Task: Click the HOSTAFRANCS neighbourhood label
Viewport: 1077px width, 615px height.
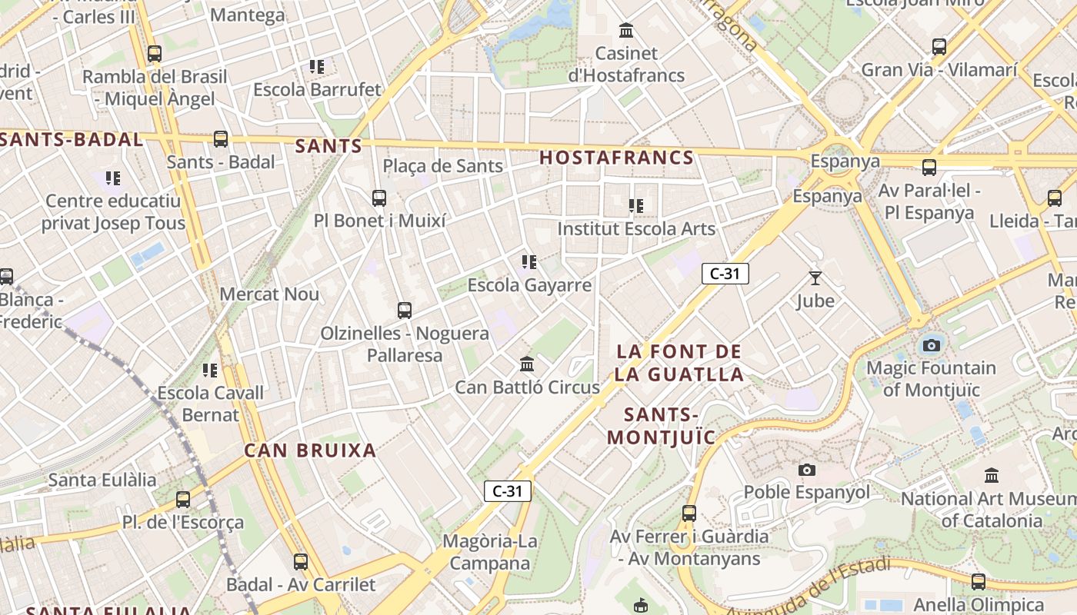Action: (x=616, y=158)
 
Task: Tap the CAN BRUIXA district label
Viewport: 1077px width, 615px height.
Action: (x=310, y=450)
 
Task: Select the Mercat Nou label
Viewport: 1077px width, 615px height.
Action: (x=269, y=294)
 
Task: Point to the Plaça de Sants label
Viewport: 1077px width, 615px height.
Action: (x=442, y=165)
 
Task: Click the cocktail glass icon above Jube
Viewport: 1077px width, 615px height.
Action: (x=815, y=278)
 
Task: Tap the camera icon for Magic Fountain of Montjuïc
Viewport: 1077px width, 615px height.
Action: (x=932, y=345)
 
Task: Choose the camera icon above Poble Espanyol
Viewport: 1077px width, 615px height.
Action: (x=806, y=470)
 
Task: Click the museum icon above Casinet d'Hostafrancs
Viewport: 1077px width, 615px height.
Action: (x=626, y=31)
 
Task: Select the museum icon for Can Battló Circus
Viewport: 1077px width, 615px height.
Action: (x=527, y=364)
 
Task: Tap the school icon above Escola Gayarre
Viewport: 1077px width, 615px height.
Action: (x=528, y=263)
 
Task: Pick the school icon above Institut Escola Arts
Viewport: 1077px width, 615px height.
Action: (x=635, y=206)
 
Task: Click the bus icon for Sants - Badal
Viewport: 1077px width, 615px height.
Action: (x=221, y=139)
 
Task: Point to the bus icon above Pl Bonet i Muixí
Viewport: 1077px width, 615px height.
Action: (x=379, y=198)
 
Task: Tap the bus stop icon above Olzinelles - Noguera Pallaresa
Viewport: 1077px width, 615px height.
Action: (x=405, y=311)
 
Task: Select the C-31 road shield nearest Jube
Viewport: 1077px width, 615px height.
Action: (x=725, y=273)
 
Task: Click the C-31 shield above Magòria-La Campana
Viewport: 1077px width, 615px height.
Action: (x=508, y=490)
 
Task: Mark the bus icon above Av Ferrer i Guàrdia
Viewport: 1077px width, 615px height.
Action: (x=689, y=514)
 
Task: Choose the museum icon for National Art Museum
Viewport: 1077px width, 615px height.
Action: (x=992, y=476)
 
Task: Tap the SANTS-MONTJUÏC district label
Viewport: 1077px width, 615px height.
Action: (x=662, y=426)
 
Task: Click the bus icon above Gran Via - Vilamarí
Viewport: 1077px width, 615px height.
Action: (x=939, y=47)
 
